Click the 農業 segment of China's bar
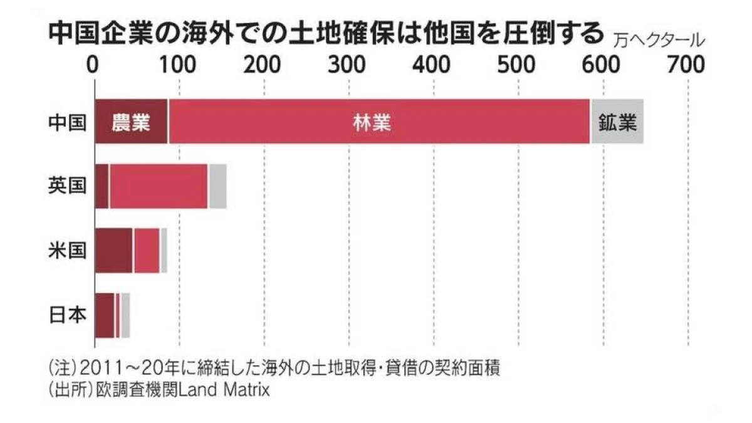point(131,122)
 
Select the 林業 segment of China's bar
point(379,122)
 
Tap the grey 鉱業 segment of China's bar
point(617,122)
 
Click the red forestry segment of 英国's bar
point(159,186)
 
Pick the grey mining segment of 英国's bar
point(217,186)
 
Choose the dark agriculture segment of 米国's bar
point(113,251)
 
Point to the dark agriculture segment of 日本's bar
point(105,315)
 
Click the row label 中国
point(67,122)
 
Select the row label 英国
point(67,186)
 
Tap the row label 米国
point(67,251)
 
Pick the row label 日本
point(67,315)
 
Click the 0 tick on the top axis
point(94,65)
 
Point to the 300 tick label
point(348,65)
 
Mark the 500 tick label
point(518,65)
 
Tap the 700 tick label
point(687,65)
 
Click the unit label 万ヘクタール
point(657,41)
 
